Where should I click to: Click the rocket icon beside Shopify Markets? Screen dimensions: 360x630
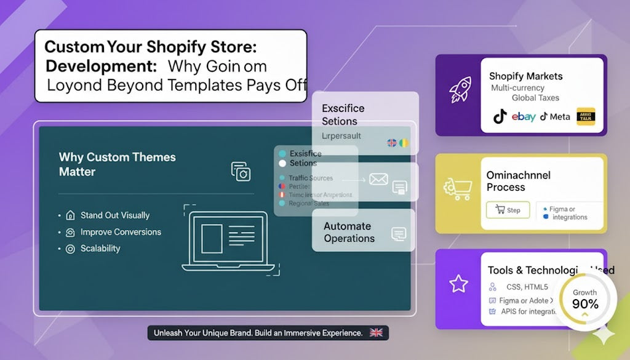pyautogui.click(x=460, y=90)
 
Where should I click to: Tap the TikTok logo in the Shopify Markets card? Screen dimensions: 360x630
pyautogui.click(x=500, y=116)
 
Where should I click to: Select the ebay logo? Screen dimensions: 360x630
pyautogui.click(x=523, y=116)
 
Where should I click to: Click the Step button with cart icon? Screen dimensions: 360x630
pyautogui.click(x=508, y=210)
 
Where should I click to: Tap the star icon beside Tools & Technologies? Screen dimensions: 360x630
pyautogui.click(x=459, y=284)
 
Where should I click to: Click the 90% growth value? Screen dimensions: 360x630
pyautogui.click(x=584, y=304)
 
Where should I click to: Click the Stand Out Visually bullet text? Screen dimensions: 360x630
pyautogui.click(x=115, y=215)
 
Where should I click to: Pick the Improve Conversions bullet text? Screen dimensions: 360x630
pyautogui.click(x=121, y=232)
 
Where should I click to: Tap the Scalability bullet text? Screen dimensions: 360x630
pyautogui.click(x=100, y=249)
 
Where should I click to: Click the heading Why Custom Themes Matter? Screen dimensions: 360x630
pyautogui.click(x=117, y=164)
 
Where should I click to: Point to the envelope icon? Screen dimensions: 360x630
pyautogui.click(x=378, y=180)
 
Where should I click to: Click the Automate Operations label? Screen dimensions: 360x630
pyautogui.click(x=349, y=232)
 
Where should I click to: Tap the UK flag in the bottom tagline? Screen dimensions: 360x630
pyautogui.click(x=376, y=333)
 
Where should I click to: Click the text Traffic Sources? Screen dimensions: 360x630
pyautogui.click(x=311, y=178)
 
